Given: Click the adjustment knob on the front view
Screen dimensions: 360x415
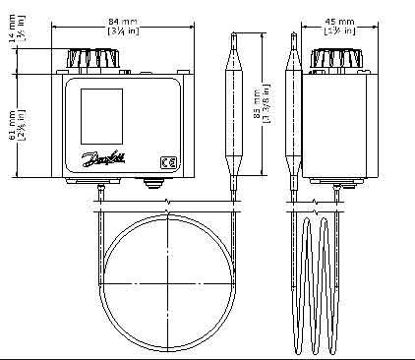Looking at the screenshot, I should (98, 59).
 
